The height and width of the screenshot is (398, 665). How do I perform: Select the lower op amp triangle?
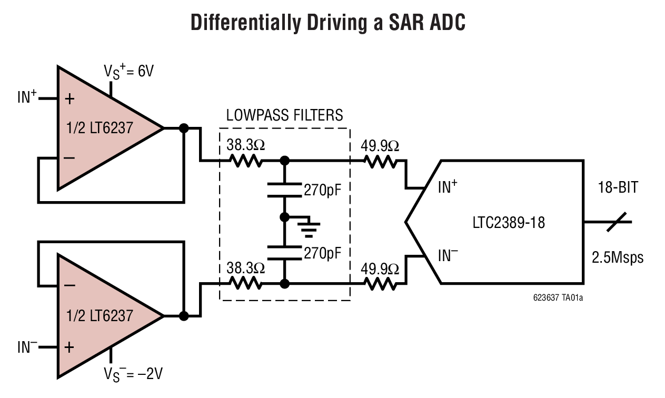(x=100, y=316)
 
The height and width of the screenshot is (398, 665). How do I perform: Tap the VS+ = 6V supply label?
(x=128, y=72)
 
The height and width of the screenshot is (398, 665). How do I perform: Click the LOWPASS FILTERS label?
(x=284, y=115)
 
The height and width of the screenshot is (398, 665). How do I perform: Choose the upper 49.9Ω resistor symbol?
(x=380, y=160)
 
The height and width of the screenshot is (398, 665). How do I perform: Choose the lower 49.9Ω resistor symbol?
(x=380, y=284)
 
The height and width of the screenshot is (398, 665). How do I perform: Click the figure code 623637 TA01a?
(x=557, y=297)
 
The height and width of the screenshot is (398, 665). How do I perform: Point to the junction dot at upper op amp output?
(x=184, y=128)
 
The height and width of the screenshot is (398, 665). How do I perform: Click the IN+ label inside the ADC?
(x=448, y=186)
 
